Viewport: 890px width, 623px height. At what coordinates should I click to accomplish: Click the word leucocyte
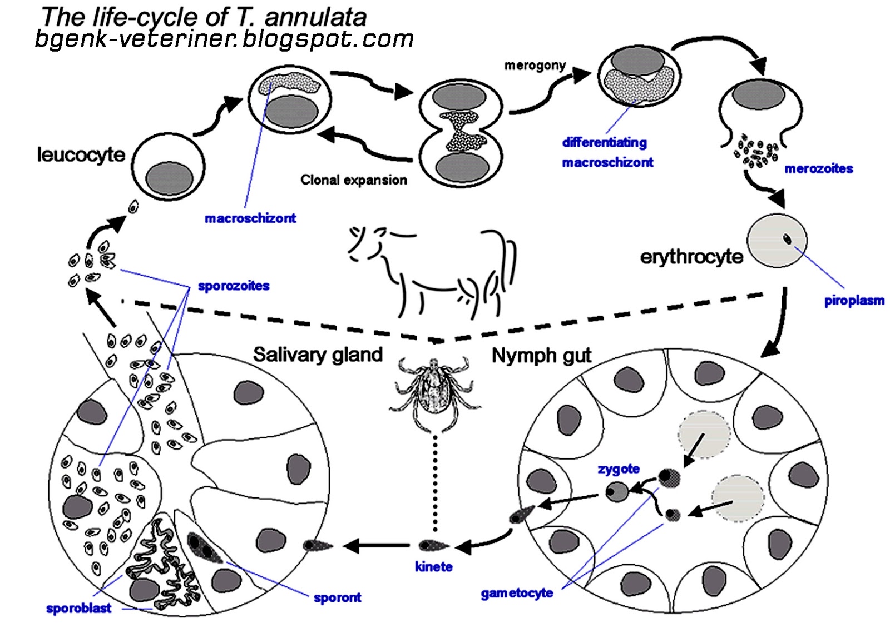pos(81,154)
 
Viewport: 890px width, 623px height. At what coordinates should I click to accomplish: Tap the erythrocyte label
pos(691,257)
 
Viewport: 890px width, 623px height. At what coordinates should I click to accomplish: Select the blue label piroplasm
pos(854,301)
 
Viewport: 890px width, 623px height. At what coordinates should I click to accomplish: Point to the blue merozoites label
pos(818,168)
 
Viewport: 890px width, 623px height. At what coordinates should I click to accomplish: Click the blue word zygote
pos(619,469)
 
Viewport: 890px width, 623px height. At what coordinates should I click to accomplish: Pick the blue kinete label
pos(433,567)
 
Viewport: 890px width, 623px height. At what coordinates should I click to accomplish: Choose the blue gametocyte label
pos(517,593)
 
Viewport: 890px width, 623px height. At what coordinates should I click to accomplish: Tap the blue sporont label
pos(337,597)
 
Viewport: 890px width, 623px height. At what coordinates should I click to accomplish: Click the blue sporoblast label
pos(78,608)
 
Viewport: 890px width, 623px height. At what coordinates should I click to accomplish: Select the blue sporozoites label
pos(234,286)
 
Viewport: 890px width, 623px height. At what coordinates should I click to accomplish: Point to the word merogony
pos(535,66)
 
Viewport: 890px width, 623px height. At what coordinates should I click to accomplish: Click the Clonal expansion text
pos(354,180)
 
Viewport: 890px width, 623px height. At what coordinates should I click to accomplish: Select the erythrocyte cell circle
pos(777,241)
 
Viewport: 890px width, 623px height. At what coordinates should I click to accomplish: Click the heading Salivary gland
pos(318,355)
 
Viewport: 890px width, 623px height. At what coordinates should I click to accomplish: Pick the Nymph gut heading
pos(541,356)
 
